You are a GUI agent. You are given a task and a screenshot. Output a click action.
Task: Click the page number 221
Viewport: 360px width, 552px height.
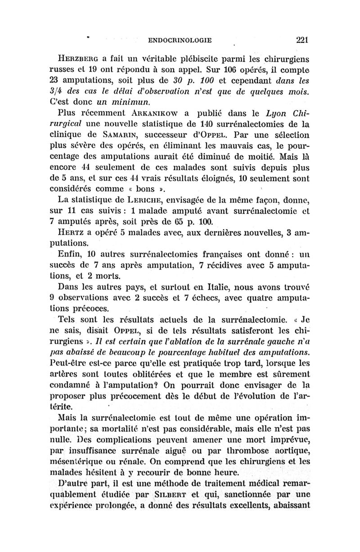point(298,40)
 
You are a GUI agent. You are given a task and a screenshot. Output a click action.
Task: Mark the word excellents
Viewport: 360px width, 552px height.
point(257,505)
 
